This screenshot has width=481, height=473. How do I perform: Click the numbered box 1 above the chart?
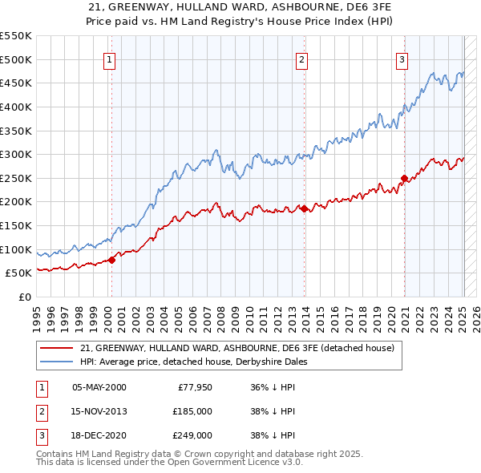[x=108, y=59]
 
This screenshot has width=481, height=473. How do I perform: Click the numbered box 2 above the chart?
[x=301, y=59]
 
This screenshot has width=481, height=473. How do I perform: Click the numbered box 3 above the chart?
[x=402, y=59]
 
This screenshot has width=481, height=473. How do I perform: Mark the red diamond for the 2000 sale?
[x=112, y=259]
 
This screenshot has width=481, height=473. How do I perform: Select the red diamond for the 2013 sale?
[x=305, y=208]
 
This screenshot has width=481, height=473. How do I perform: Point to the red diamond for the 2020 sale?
[x=405, y=178]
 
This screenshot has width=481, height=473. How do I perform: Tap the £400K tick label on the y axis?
[x=15, y=107]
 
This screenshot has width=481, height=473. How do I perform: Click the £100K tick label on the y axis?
[x=15, y=249]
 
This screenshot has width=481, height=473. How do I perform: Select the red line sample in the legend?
[x=56, y=349]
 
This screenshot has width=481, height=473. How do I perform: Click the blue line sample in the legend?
[x=56, y=362]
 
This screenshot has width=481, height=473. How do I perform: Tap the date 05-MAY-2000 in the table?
[x=99, y=387]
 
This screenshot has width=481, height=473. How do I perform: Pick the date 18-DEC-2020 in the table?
[x=99, y=435]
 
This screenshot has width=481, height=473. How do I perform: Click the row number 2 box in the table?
[x=39, y=411]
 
